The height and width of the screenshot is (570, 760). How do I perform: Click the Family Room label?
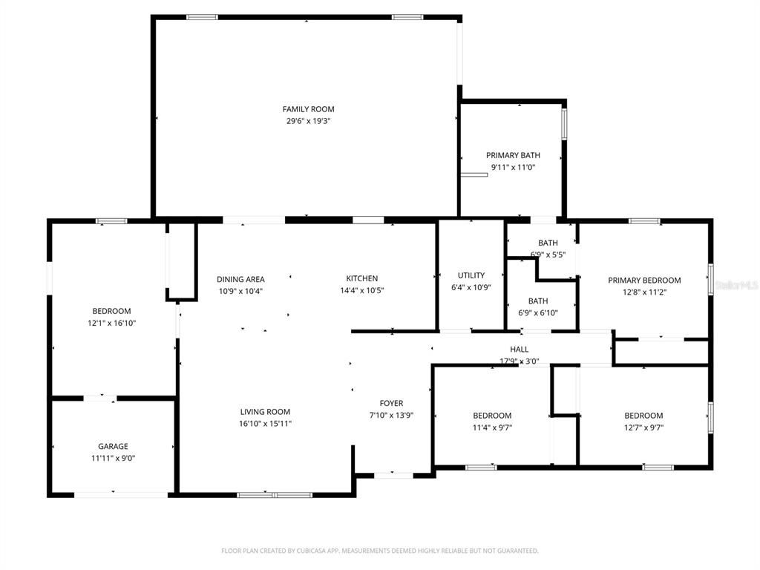click(x=308, y=109)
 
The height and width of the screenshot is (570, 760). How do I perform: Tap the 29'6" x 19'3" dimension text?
click(x=308, y=120)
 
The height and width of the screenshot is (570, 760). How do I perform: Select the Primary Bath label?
click(x=513, y=155)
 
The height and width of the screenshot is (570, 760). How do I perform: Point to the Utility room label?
click(x=471, y=275)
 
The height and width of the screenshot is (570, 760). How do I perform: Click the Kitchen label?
click(x=361, y=278)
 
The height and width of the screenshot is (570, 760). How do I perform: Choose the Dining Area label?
click(x=240, y=279)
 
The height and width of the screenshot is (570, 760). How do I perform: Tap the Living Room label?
click(x=265, y=412)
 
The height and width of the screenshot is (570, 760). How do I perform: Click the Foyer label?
click(x=391, y=403)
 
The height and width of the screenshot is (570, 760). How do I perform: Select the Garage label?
click(x=113, y=446)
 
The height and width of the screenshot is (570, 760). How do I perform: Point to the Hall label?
click(x=519, y=349)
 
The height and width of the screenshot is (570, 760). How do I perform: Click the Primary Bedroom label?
click(x=644, y=280)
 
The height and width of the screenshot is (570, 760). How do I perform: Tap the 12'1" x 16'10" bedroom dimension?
click(x=111, y=323)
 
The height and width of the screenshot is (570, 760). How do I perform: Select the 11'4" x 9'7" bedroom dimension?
click(x=492, y=427)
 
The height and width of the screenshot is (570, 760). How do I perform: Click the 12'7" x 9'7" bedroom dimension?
click(x=643, y=427)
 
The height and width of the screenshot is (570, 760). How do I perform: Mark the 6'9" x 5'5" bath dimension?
click(x=548, y=255)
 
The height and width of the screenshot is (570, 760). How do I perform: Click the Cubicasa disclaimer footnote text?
click(x=379, y=551)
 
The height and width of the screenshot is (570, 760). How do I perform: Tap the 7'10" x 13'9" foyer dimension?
click(x=391, y=415)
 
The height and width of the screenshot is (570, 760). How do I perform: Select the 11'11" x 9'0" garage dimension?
click(x=113, y=458)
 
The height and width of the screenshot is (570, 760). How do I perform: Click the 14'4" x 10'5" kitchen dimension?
click(x=361, y=290)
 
